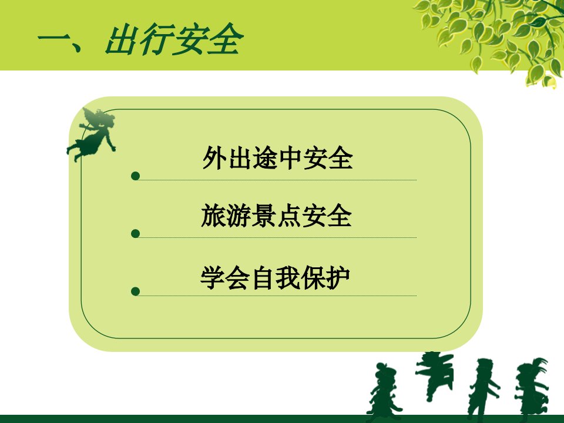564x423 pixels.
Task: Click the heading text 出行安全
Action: point(174,39)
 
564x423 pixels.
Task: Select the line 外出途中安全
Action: point(277,157)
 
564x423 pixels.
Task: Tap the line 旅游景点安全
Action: point(276,216)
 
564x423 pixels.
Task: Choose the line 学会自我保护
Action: point(275,278)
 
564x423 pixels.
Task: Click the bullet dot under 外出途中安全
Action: point(136,176)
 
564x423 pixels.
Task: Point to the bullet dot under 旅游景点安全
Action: point(136,234)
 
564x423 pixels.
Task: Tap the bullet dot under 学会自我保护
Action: point(136,291)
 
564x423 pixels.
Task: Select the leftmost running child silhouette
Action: point(382,392)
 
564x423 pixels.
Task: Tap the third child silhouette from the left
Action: point(484,388)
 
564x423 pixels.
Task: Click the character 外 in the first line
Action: point(215,157)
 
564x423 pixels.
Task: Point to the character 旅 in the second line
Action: point(213,216)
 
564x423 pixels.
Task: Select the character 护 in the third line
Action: point(338,278)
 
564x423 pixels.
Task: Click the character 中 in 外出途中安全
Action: point(290,158)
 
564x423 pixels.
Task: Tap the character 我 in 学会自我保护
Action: point(288,278)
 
